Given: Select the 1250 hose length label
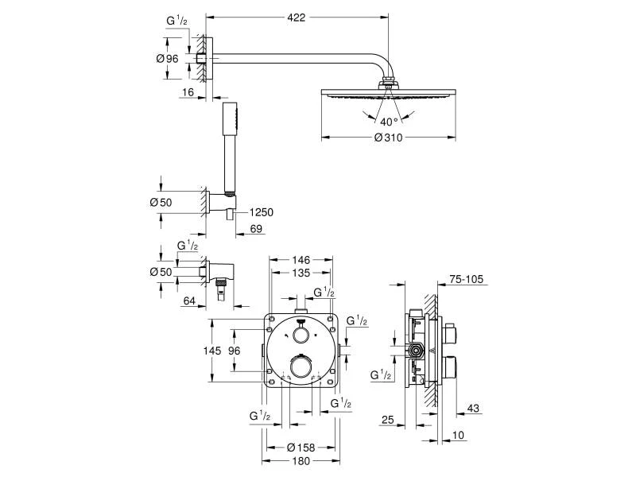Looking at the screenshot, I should tap(262, 212).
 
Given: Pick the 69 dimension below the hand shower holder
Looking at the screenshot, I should tap(255, 229).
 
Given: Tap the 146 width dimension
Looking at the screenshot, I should tap(301, 260).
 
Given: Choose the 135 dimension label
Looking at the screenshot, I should tap(301, 273).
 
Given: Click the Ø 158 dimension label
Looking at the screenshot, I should tap(301, 447).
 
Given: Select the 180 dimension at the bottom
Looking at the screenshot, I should tap(301, 460).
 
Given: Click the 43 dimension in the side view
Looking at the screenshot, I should tap(473, 409).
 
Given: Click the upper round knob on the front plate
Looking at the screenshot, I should tap(301, 335).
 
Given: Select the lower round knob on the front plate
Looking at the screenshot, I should tap(301, 366).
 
